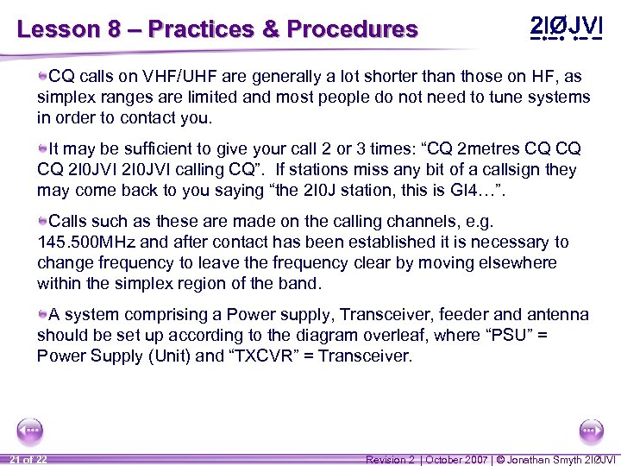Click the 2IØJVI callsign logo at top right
[565, 28]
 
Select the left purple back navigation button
[30, 431]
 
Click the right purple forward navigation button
[591, 431]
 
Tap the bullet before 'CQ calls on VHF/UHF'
[42, 77]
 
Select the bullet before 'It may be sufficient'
[42, 149]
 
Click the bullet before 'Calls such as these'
[42, 222]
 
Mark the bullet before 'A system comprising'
[42, 315]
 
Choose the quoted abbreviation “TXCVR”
[261, 356]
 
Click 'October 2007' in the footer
[456, 459]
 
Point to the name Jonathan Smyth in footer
[545, 459]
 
